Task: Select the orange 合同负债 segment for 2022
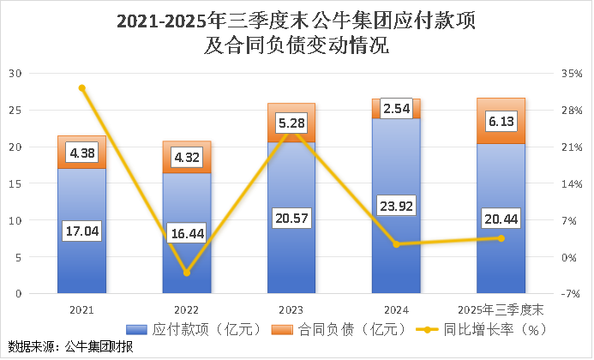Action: [187, 157]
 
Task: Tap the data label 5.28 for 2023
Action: [291, 125]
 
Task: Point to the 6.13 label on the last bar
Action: [501, 123]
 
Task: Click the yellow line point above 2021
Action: [81, 87]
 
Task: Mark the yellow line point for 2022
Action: [187, 273]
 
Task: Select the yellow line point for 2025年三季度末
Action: [501, 238]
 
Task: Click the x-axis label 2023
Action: [291, 306]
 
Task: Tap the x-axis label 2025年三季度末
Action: [501, 306]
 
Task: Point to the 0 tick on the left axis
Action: [17, 294]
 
